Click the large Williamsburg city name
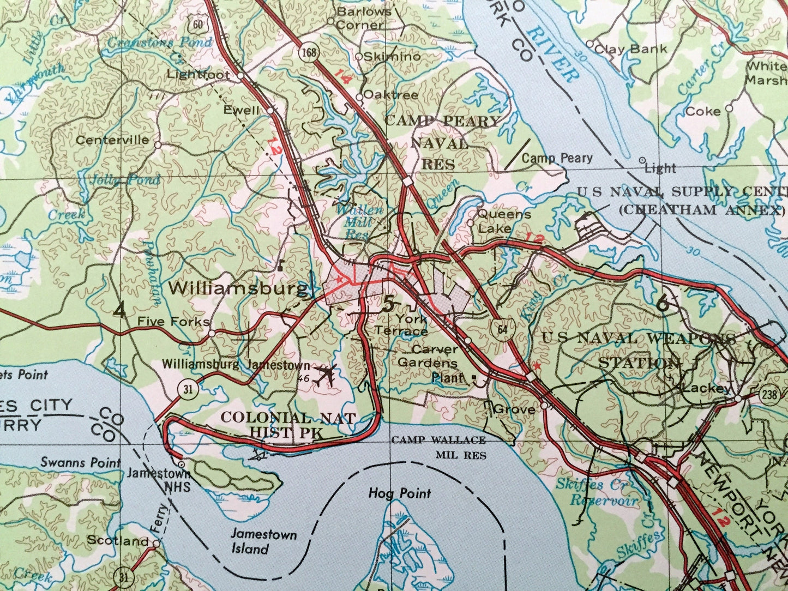click(x=238, y=288)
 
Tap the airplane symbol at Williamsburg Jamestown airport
click(x=326, y=375)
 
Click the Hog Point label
click(x=400, y=494)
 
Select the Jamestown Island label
click(x=262, y=541)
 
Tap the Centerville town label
click(x=112, y=140)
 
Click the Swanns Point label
click(x=80, y=463)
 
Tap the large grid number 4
click(x=119, y=310)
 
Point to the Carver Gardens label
click(x=427, y=355)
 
